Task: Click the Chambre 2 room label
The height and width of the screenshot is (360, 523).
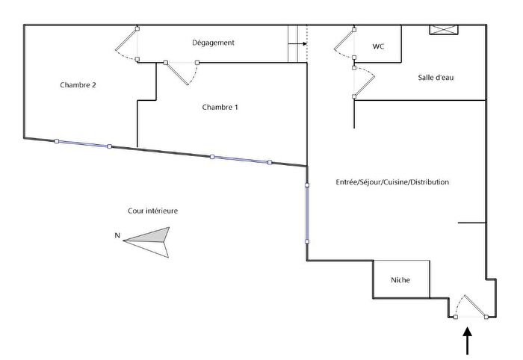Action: (78, 85)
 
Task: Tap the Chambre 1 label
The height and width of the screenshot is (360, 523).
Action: (220, 107)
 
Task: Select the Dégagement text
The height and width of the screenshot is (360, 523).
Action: (213, 43)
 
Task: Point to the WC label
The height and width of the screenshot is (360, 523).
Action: (378, 46)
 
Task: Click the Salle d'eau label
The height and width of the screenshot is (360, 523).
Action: (436, 78)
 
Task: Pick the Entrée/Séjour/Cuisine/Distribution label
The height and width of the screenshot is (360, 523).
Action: (392, 182)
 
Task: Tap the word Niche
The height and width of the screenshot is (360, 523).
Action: (400, 280)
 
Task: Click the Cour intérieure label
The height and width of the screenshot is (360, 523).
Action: (152, 211)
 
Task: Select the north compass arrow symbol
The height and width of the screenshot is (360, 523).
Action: (146, 242)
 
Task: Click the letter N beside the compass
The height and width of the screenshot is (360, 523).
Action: (117, 235)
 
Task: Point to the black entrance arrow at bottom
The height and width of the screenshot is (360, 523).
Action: (468, 341)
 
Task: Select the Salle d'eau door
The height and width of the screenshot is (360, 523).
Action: (365, 82)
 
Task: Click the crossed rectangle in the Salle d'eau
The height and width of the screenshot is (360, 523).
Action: (444, 30)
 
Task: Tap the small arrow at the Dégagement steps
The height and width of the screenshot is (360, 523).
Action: (297, 43)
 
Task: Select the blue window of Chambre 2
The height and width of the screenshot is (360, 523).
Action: (83, 143)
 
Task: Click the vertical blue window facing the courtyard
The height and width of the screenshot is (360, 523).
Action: (307, 214)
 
